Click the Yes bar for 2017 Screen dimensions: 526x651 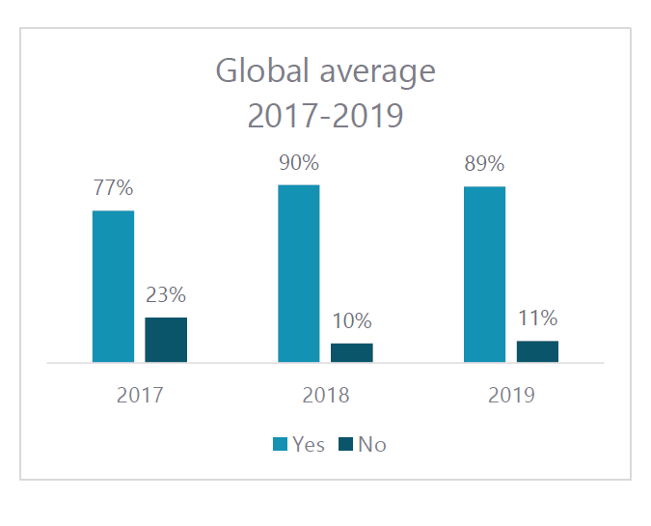113,287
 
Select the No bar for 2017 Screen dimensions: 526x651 166,340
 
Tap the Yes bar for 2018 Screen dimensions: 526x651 299,273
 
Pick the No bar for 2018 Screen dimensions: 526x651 352,352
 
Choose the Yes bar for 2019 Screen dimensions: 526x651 484,274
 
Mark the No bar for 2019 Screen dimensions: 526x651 537,351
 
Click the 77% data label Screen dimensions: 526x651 113,189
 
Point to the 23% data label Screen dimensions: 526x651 166,295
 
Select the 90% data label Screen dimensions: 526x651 299,163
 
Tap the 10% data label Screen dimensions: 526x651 352,321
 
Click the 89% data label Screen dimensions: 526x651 484,165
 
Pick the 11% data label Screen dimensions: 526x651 537,319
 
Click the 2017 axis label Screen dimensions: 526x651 140,395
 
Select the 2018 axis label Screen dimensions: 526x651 326,395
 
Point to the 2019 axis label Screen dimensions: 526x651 511,395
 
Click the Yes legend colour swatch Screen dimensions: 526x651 281,444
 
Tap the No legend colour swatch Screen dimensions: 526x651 345,444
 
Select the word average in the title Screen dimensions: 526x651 372,72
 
